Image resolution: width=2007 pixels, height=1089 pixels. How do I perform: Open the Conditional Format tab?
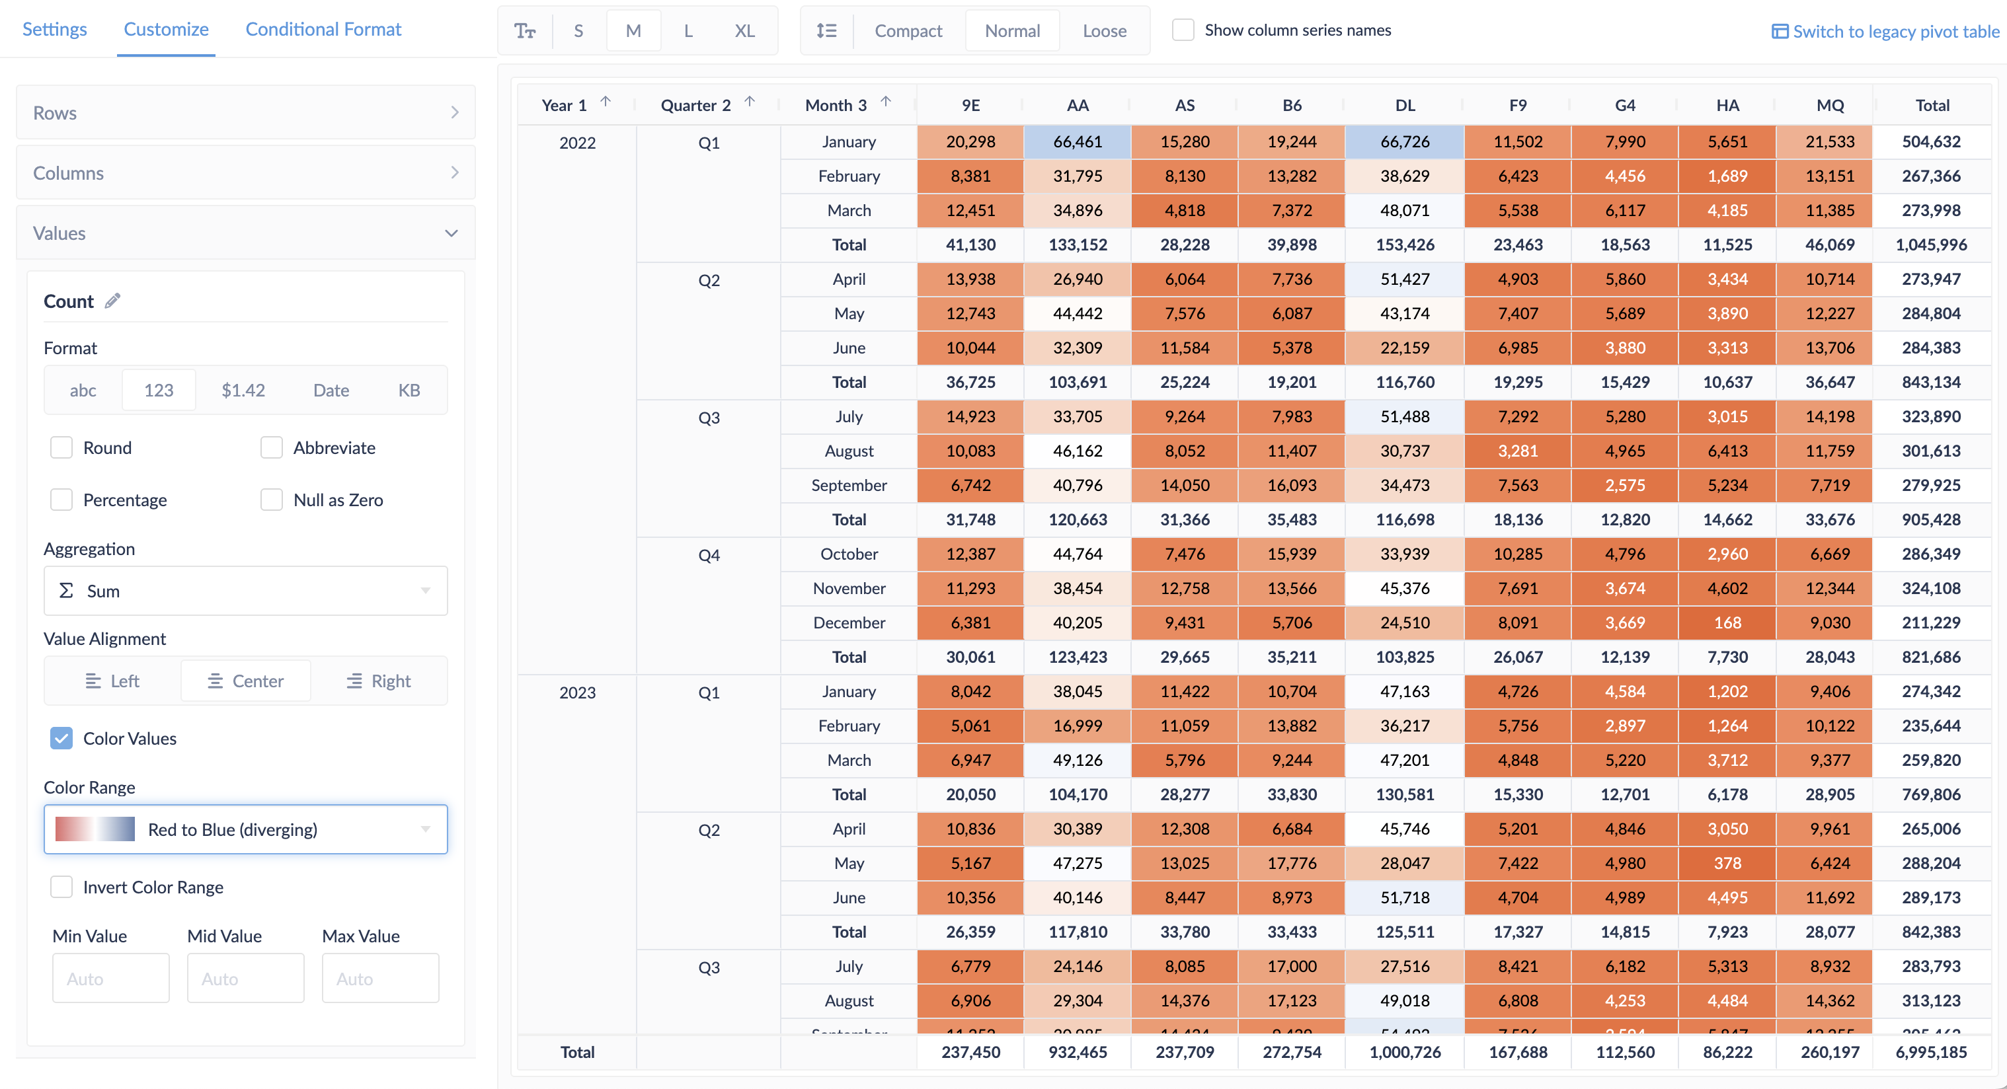coord(323,30)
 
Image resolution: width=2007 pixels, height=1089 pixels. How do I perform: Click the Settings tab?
coord(54,30)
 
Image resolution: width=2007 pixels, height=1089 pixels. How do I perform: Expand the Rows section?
coord(245,113)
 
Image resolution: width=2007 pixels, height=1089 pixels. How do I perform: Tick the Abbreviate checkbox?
coord(271,448)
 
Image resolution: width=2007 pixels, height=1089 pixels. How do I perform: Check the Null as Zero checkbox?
coord(271,500)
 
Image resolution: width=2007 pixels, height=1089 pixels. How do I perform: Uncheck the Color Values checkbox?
coord(61,739)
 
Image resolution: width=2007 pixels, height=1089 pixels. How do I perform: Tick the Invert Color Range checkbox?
coord(61,887)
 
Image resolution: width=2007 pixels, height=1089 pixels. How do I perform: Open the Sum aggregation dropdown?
coord(245,591)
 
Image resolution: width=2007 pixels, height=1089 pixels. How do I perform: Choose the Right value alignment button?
coord(379,681)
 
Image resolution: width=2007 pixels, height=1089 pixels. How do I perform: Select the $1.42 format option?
coord(243,391)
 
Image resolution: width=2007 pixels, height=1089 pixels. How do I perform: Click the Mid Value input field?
coord(245,979)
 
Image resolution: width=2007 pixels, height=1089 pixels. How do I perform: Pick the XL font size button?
coord(744,31)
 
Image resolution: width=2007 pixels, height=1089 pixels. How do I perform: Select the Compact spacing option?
coord(908,31)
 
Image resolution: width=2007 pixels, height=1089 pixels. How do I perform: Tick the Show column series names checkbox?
coord(1183,30)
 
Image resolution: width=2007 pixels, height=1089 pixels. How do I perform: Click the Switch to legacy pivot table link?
coord(1885,32)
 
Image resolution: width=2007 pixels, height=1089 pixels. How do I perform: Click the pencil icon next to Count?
coord(113,301)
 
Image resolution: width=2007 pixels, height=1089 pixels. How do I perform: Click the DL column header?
coord(1405,105)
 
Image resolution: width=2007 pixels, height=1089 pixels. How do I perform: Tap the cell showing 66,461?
coord(1078,142)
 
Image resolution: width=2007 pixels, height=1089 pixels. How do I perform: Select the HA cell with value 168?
coord(1727,623)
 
